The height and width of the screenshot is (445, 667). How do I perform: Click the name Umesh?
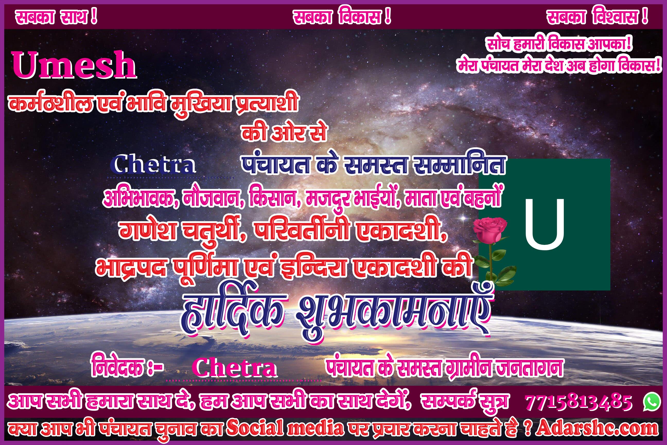click(x=74, y=65)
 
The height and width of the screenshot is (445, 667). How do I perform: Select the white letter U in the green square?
click(x=545, y=224)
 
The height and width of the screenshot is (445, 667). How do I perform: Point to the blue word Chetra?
click(x=153, y=165)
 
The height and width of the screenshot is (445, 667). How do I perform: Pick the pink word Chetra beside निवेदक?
click(x=234, y=368)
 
